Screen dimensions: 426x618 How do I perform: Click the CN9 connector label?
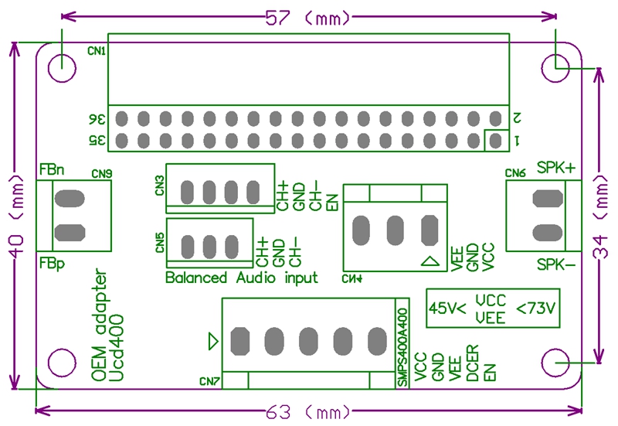click(x=102, y=174)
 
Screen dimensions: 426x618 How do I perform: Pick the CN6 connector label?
click(x=515, y=173)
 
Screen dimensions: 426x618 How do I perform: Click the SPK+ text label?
click(x=556, y=168)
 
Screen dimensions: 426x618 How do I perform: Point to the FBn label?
click(x=51, y=169)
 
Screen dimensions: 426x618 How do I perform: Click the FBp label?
click(x=51, y=264)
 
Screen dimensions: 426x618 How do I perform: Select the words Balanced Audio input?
click(x=242, y=278)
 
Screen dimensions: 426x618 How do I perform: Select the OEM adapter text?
click(x=100, y=325)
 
